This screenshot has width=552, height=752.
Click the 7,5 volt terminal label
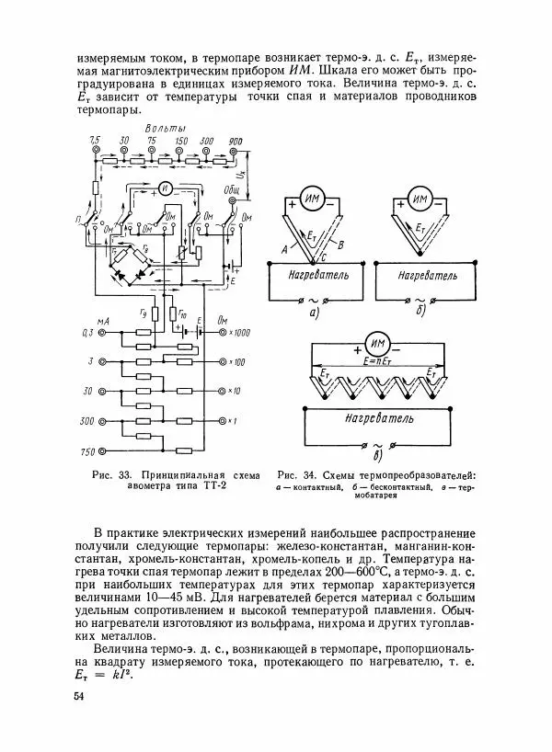coord(94,140)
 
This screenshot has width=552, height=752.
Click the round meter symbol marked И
coord(165,188)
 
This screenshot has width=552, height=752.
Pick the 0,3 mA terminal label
coord(89,333)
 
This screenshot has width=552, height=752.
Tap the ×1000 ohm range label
coord(241,333)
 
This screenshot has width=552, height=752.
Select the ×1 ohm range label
coord(237,422)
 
